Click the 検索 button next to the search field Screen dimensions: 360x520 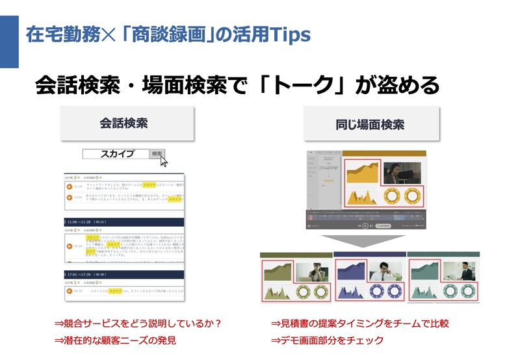(x=156, y=154)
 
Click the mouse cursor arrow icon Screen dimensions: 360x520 (x=164, y=161)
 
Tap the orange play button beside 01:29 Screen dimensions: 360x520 (x=68, y=186)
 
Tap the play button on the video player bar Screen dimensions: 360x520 (x=365, y=225)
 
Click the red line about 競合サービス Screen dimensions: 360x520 (x=138, y=323)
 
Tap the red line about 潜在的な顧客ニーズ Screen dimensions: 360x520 (x=115, y=340)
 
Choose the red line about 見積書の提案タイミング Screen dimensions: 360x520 (x=359, y=323)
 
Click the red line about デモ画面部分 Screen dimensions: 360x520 (x=327, y=340)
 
